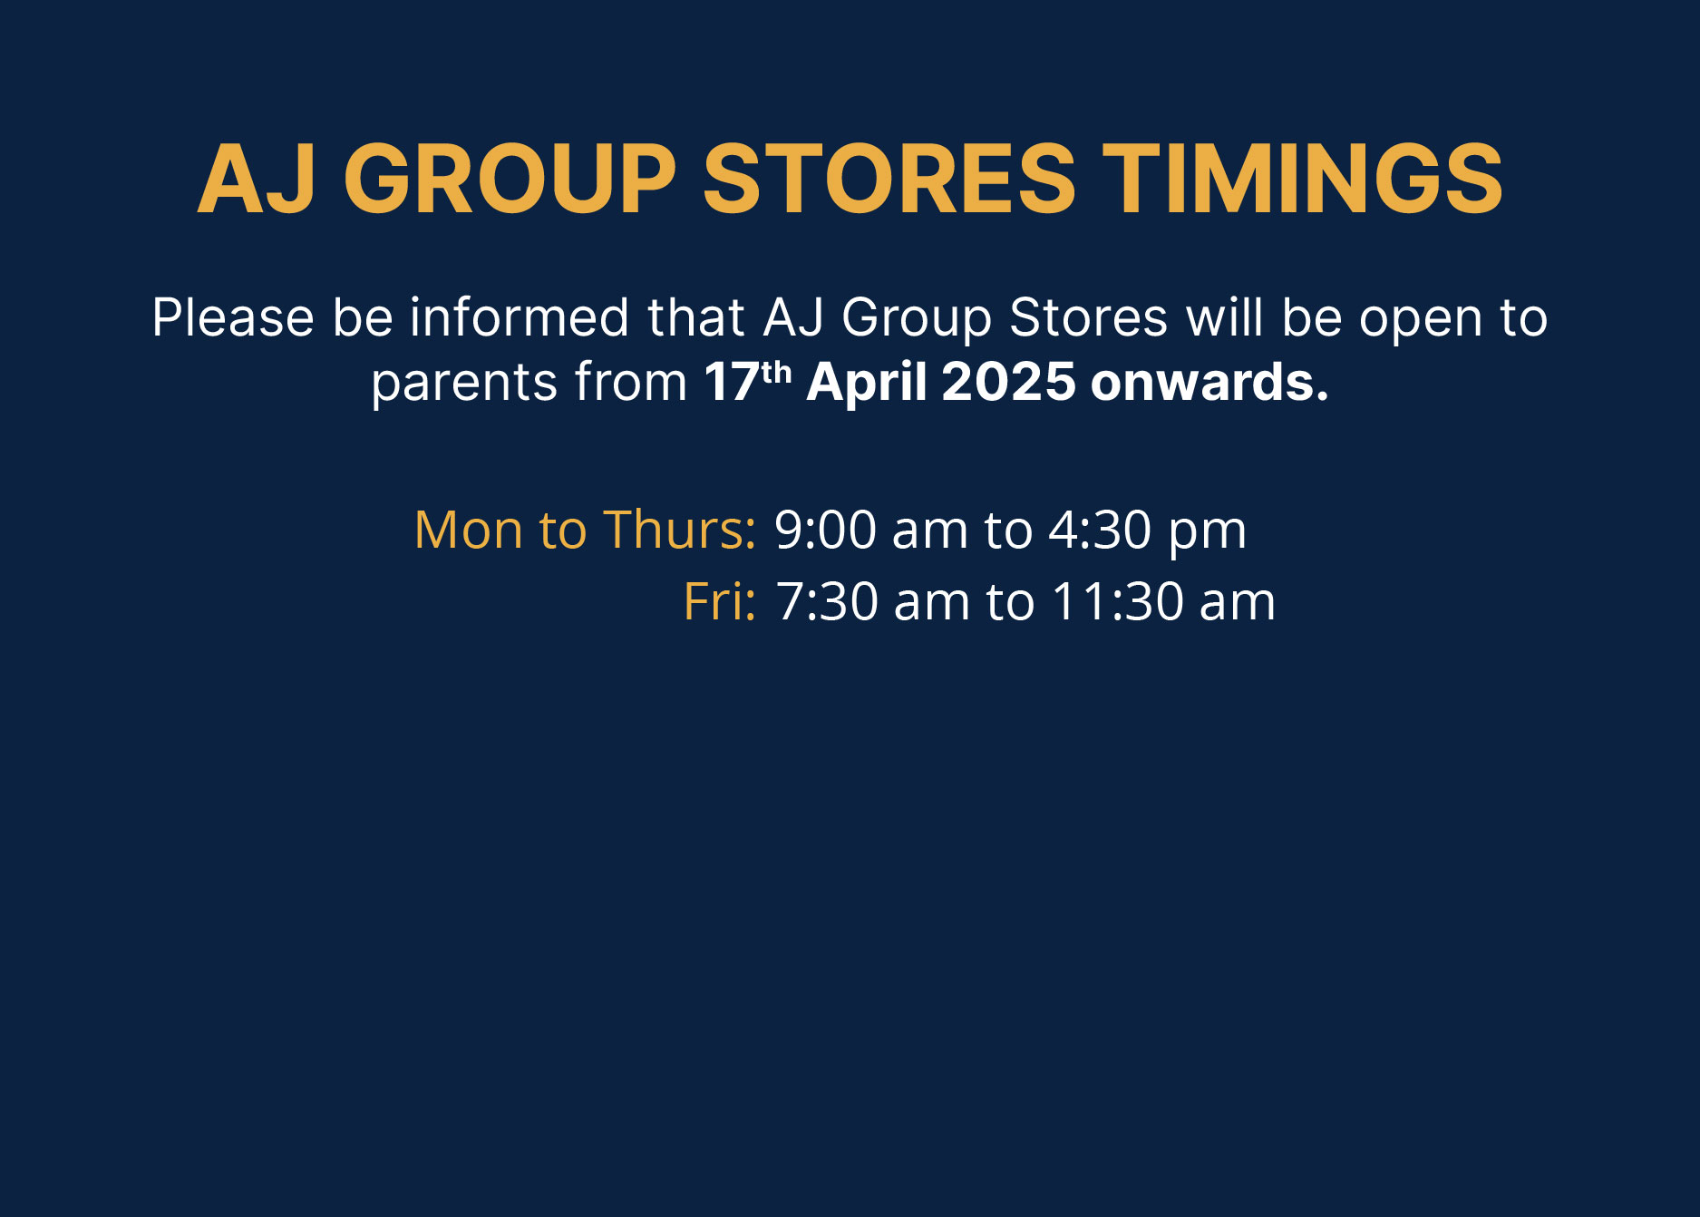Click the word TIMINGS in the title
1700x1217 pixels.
(1303, 179)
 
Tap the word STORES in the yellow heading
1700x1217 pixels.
(889, 179)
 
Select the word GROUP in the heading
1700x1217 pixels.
(510, 179)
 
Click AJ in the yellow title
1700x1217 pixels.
(257, 180)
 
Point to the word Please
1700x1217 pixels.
(233, 317)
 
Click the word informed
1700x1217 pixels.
(519, 317)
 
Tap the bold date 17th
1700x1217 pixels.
(748, 381)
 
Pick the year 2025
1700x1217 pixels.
(1008, 382)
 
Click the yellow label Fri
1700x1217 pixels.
(720, 601)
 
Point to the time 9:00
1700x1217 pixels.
(825, 530)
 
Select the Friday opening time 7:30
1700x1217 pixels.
(828, 602)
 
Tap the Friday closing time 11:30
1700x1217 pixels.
(1118, 602)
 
